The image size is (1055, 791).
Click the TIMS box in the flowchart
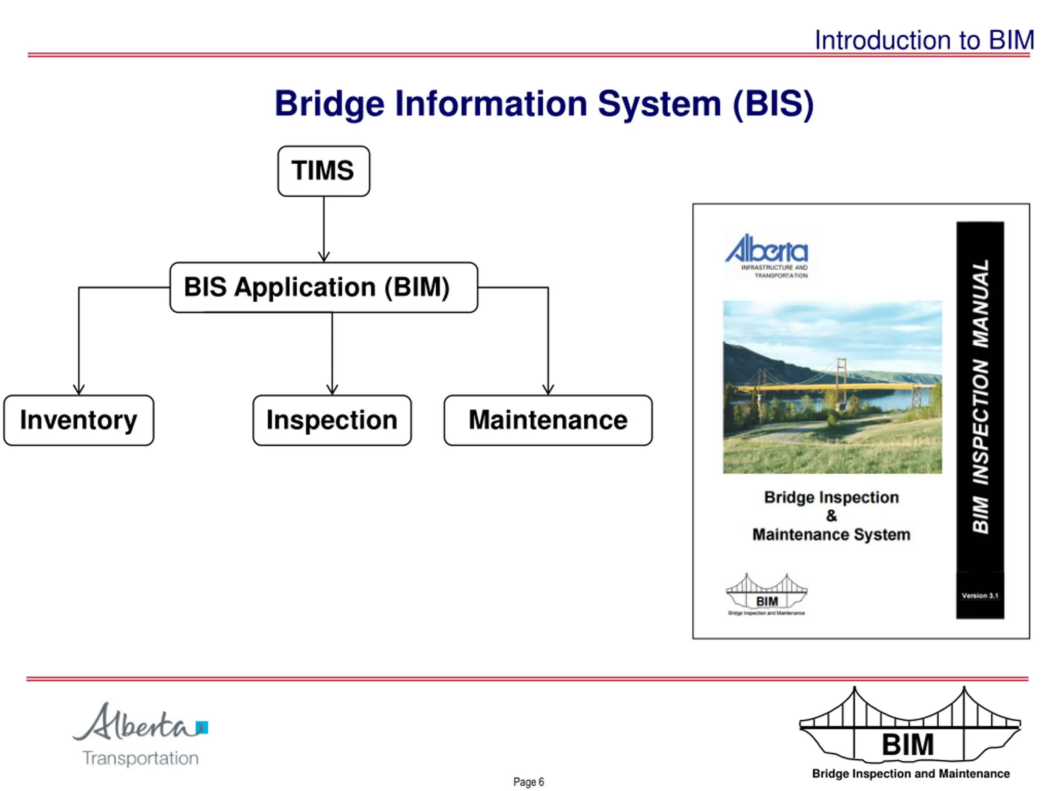click(324, 171)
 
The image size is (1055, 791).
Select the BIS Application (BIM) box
click(324, 287)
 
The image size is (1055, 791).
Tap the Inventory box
click(79, 420)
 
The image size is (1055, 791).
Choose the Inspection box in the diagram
click(332, 420)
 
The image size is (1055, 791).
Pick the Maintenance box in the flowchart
click(548, 420)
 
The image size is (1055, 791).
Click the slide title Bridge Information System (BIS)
click(544, 104)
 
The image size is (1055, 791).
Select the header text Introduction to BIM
click(924, 40)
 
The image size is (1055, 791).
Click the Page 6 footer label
click(528, 782)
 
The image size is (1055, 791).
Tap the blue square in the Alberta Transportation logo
click(202, 727)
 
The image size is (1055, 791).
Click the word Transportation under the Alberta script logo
click(141, 758)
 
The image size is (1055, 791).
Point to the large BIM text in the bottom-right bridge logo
click(907, 744)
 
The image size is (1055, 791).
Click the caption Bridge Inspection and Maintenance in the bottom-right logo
click(910, 773)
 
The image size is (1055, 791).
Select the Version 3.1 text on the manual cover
click(980, 595)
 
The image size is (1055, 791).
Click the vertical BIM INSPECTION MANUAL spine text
click(980, 396)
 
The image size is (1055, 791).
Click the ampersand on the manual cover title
click(831, 515)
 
